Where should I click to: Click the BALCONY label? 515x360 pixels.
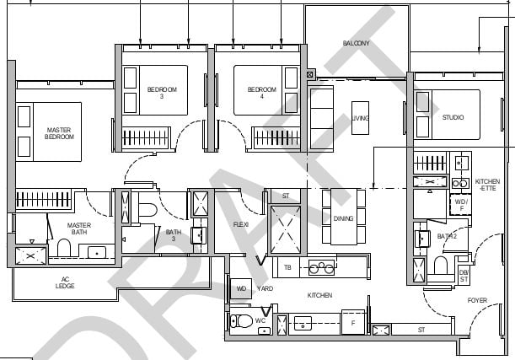click(x=356, y=43)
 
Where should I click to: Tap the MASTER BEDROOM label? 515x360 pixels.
click(x=59, y=133)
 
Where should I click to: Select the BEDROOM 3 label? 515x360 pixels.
click(x=162, y=93)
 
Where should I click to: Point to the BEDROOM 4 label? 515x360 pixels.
click(x=262, y=93)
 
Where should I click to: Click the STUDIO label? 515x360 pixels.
click(x=453, y=117)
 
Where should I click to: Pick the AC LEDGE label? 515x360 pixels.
click(x=65, y=282)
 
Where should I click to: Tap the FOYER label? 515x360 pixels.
click(x=477, y=300)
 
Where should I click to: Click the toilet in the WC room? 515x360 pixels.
click(x=241, y=321)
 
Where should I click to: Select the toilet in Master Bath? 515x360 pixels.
click(x=64, y=248)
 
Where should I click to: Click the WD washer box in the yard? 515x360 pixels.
click(x=241, y=288)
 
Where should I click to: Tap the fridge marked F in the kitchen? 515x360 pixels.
click(x=353, y=323)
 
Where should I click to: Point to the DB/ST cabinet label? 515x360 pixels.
click(x=464, y=276)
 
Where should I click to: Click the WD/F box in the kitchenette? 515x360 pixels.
click(x=461, y=205)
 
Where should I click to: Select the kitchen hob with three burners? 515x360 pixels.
click(x=321, y=267)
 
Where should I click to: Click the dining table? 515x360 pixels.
click(x=344, y=217)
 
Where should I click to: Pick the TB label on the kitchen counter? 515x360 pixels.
click(x=287, y=267)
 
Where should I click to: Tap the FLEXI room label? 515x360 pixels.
click(x=241, y=224)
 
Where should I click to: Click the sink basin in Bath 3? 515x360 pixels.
click(x=199, y=235)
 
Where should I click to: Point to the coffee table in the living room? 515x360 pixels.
click(x=360, y=118)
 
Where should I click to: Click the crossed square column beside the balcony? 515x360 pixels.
click(x=309, y=74)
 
